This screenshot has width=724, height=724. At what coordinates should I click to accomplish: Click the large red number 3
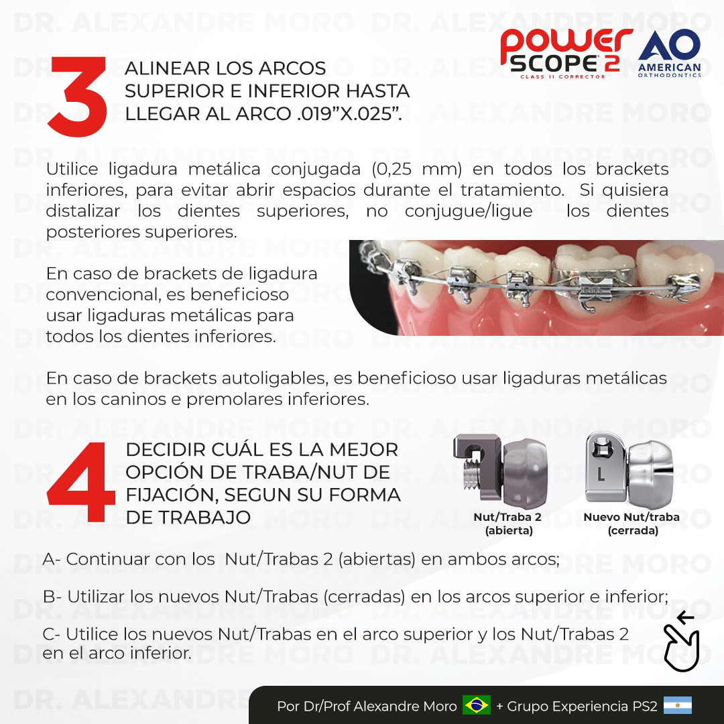click(x=78, y=97)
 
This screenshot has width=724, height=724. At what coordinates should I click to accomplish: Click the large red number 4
click(x=81, y=483)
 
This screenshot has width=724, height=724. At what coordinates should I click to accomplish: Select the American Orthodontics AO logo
click(x=670, y=53)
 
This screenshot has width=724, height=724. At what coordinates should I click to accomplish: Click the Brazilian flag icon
click(x=476, y=705)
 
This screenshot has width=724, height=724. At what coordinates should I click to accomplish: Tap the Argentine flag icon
click(x=677, y=705)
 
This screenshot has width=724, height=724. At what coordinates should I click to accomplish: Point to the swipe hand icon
click(x=681, y=642)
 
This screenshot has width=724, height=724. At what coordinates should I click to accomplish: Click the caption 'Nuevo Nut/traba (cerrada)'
click(x=631, y=524)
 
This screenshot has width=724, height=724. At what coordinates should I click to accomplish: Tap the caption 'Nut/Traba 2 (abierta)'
click(x=508, y=524)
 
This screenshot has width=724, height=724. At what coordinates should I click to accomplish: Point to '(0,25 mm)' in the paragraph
click(x=417, y=169)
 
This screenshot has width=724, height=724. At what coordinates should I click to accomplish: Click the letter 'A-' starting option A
click(x=52, y=558)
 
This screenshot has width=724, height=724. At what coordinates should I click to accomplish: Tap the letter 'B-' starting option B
click(x=52, y=596)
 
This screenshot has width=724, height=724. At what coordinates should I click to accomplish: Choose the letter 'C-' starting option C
click(x=52, y=634)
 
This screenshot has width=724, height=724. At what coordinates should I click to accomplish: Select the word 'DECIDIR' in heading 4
click(x=164, y=450)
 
